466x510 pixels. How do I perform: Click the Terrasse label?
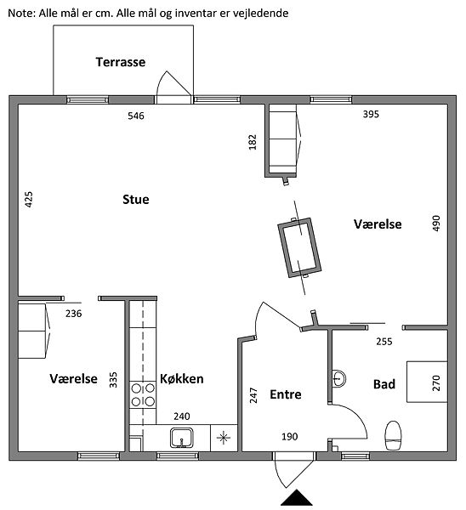click(x=121, y=62)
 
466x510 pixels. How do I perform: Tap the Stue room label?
click(x=136, y=199)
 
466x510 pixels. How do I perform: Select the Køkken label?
click(x=182, y=378)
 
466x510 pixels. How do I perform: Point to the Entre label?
click(x=286, y=394)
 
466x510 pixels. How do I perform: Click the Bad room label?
click(x=384, y=384)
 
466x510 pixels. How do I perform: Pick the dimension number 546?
click(x=136, y=116)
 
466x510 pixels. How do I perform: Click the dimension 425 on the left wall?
click(x=29, y=200)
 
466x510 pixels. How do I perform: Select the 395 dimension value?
click(x=371, y=114)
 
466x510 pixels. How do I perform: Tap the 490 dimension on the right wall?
click(x=436, y=223)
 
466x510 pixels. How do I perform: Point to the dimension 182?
click(x=253, y=142)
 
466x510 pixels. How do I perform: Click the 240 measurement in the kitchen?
click(x=182, y=416)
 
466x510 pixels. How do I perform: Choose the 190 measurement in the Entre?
click(x=290, y=437)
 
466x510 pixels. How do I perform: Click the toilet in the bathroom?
click(x=393, y=435)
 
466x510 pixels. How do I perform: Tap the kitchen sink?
click(x=182, y=438)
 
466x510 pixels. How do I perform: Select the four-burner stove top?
click(x=143, y=395)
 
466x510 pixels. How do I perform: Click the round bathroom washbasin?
click(x=339, y=378)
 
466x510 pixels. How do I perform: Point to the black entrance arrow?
click(x=297, y=497)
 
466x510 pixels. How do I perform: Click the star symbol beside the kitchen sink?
click(x=224, y=438)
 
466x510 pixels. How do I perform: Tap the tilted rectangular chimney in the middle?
click(x=299, y=247)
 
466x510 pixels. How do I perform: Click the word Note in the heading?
click(x=20, y=14)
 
